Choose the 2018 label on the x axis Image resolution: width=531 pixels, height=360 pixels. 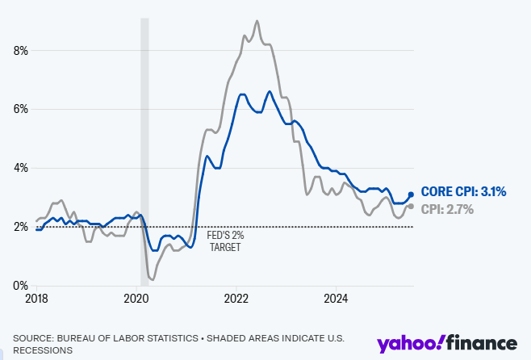coord(36,299)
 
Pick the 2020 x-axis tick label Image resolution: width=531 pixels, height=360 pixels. coord(137,299)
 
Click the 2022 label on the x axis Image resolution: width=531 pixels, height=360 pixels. coord(236,299)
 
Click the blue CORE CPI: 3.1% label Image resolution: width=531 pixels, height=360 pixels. coord(465,192)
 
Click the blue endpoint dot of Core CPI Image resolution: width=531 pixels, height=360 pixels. coord(412,195)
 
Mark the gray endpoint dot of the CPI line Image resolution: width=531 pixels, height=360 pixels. coord(412,206)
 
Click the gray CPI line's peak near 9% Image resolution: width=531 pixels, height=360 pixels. coord(257,21)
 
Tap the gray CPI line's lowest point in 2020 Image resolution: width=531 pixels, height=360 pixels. coord(153,279)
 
